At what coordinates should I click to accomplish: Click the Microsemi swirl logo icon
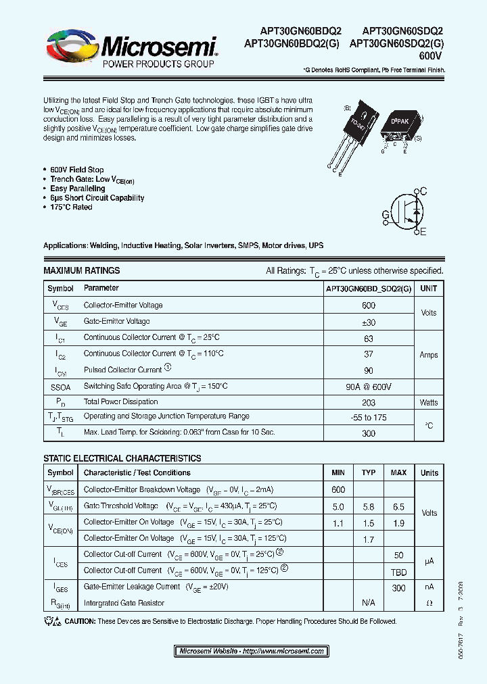pyautogui.click(x=70, y=49)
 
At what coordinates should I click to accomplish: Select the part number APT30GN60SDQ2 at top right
pyautogui.click(x=402, y=30)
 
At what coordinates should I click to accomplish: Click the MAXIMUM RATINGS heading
pyautogui.click(x=81, y=270)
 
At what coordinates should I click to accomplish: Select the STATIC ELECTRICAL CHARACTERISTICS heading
pyautogui.click(x=122, y=458)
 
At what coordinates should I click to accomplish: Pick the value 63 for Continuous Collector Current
pyautogui.click(x=369, y=338)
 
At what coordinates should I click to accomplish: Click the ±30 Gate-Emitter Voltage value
pyautogui.click(x=369, y=322)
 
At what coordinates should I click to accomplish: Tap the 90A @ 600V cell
pyautogui.click(x=369, y=387)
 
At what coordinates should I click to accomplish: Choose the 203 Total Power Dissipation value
pyautogui.click(x=369, y=403)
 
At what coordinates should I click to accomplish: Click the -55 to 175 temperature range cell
pyautogui.click(x=369, y=418)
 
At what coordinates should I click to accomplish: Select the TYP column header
pyautogui.click(x=369, y=472)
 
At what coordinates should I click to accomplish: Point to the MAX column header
pyautogui.click(x=398, y=472)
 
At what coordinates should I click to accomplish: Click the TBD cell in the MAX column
pyautogui.click(x=398, y=571)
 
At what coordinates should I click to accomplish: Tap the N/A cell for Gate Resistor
pyautogui.click(x=369, y=603)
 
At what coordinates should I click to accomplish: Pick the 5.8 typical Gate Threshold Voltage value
pyautogui.click(x=369, y=506)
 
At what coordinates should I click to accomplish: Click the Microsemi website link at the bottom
pyautogui.click(x=252, y=652)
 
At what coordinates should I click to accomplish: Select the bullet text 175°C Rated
pyautogui.click(x=71, y=207)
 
